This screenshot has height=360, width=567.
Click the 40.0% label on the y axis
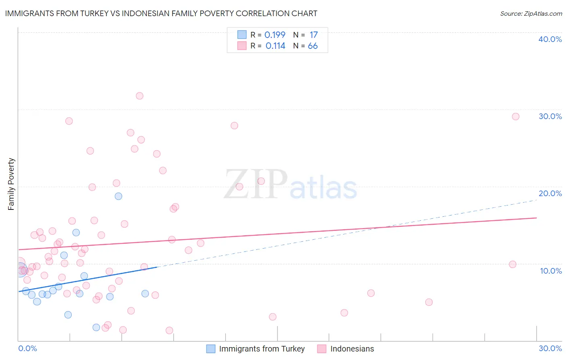coord(550,39)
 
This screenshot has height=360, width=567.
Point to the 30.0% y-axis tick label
coord(550,116)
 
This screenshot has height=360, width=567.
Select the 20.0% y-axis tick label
coord(550,193)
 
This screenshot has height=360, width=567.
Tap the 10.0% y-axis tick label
coord(550,271)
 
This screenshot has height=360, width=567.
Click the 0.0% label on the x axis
coord(27,348)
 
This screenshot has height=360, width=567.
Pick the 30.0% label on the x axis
coord(550,348)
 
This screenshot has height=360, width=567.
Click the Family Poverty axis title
coord(11,184)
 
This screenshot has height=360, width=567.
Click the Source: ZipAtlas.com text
coord(531,13)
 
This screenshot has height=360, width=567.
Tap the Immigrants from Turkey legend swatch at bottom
coord(211,349)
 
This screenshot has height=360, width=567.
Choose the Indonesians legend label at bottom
coord(352,349)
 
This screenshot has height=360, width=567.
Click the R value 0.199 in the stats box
coord(275,35)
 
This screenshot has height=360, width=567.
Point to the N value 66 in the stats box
coord(313,46)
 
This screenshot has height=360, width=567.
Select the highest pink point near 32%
coord(140,96)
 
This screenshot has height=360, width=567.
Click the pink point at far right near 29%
coord(515,117)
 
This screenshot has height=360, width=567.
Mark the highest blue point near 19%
coord(119,196)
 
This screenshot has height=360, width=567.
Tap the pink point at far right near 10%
coord(513,264)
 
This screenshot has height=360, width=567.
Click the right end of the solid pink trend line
coord(536,218)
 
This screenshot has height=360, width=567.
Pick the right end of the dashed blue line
coord(536,200)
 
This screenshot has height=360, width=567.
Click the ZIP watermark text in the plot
coord(256,184)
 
